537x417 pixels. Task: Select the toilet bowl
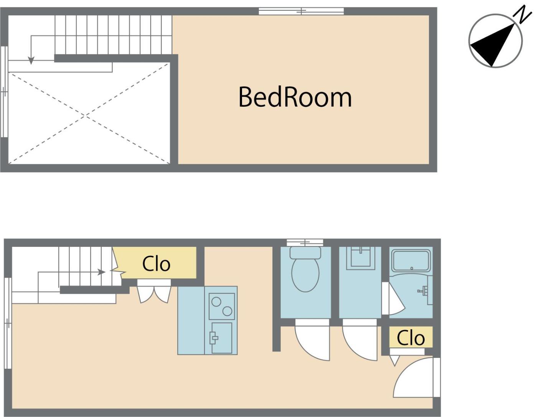[x=305, y=270]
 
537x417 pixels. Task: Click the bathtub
[x=412, y=261]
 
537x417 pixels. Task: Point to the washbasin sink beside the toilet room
[x=361, y=258]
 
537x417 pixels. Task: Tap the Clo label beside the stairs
[x=156, y=264]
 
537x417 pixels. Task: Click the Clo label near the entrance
[x=411, y=338]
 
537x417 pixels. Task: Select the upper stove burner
[x=216, y=302]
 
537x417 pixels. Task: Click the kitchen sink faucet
[x=214, y=338]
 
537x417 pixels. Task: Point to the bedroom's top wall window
[x=301, y=12]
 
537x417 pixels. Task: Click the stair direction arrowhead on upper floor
[x=31, y=61]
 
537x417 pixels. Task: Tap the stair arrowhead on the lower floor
[x=101, y=272]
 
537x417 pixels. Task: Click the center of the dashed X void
[x=86, y=116]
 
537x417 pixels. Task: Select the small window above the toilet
[x=305, y=242]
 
